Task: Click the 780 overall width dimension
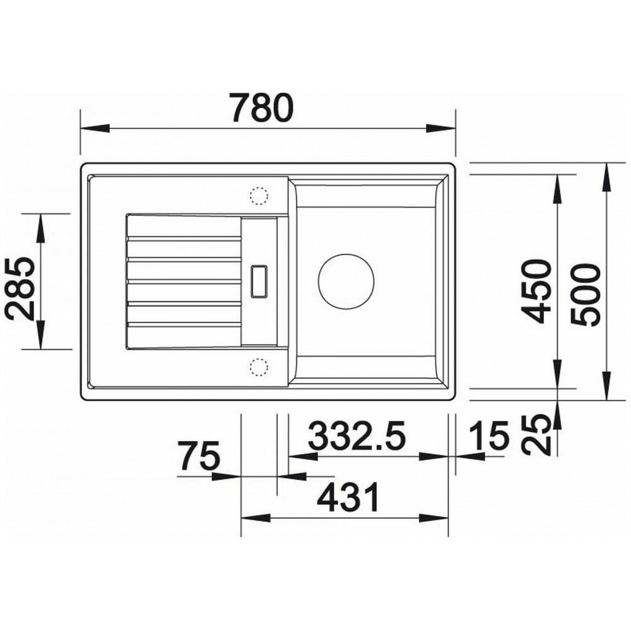pyautogui.click(x=262, y=107)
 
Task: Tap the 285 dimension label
pyautogui.click(x=21, y=288)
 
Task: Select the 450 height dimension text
pyautogui.click(x=535, y=292)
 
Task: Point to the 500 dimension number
pyautogui.click(x=585, y=295)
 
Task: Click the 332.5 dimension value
pyautogui.click(x=357, y=435)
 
